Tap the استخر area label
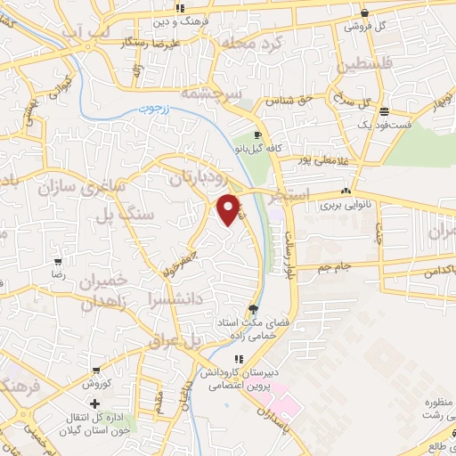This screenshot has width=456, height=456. coord(294,193)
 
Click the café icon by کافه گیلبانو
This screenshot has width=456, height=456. coord(257,135)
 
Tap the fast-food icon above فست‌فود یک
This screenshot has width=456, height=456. coord(384,111)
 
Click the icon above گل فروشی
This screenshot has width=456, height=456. coord(365,12)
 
